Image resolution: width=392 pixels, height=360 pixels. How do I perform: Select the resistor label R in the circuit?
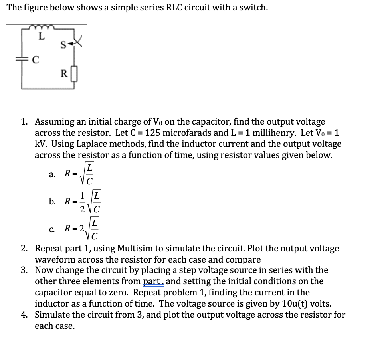coord(63,74)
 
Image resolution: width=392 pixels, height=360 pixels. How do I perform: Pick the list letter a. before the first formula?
coord(51,174)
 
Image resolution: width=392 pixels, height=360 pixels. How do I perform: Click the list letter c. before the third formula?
coord(51,229)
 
